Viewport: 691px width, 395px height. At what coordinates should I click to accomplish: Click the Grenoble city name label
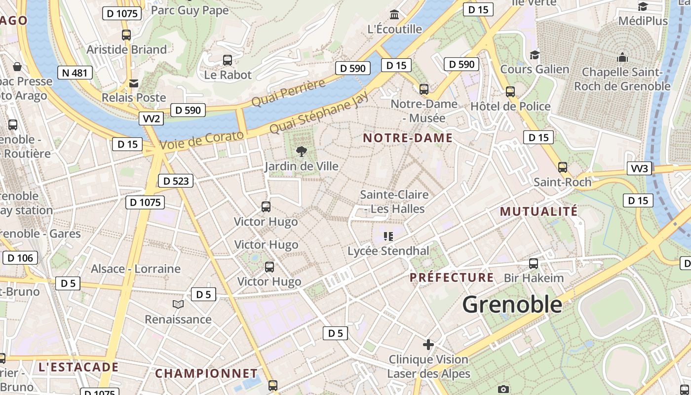[x=512, y=304]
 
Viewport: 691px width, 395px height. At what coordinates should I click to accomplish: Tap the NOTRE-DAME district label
[x=408, y=138]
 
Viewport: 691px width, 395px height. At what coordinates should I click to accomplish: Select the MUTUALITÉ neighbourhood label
[x=538, y=212]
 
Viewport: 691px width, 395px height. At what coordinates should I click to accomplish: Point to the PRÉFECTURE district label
[x=452, y=277]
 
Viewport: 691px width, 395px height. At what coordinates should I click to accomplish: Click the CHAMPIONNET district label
[x=206, y=373]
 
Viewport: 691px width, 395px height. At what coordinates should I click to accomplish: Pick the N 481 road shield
[x=75, y=73]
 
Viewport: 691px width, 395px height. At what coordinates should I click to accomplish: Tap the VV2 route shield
[x=152, y=118]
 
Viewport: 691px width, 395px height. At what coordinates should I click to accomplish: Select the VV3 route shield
[x=640, y=168]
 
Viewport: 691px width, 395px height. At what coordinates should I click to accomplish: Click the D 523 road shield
[x=176, y=181]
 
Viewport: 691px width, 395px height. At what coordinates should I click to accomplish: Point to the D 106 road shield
[x=20, y=257]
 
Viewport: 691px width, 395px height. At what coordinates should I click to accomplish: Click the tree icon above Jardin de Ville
[x=301, y=152]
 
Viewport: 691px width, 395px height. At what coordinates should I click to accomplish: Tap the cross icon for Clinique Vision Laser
[x=428, y=344]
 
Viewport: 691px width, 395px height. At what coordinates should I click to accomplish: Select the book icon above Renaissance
[x=178, y=305]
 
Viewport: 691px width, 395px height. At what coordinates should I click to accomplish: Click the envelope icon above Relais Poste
[x=134, y=83]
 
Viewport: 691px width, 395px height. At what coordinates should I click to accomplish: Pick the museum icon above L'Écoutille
[x=394, y=14]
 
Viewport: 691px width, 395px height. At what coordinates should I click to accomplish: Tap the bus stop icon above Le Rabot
[x=228, y=60]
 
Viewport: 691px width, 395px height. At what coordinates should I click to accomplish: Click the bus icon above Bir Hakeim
[x=534, y=263]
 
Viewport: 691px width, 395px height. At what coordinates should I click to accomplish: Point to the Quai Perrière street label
[x=289, y=92]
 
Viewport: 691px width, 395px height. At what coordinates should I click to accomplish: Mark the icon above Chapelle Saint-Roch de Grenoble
[x=622, y=57]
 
